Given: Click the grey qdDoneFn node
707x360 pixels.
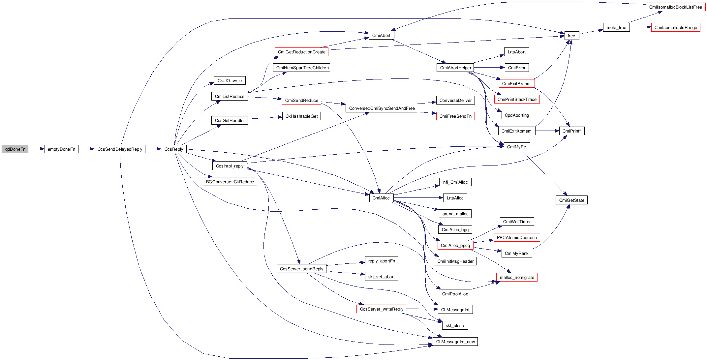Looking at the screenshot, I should point(15,149).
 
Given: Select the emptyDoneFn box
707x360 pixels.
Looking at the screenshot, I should point(61,149).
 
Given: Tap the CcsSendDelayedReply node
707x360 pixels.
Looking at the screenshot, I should point(120,149).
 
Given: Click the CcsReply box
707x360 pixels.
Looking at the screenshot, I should point(174,149).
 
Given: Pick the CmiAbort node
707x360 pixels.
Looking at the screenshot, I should point(381,35).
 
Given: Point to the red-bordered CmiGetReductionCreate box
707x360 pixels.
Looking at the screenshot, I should point(301,52).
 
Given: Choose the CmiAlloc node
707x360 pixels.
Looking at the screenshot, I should point(381,198).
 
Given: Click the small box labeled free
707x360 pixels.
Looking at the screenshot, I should point(571,36).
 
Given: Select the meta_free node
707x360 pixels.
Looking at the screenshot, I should point(616,27).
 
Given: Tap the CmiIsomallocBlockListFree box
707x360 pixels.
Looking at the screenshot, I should point(675,7).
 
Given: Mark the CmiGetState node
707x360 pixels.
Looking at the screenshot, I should point(571,200).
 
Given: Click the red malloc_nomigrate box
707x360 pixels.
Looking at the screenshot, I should point(517,277).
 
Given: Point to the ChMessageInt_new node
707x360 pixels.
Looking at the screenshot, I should point(455,342).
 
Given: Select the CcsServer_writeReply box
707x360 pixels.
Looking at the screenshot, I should point(382,309).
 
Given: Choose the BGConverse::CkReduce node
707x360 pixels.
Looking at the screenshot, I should point(230,182).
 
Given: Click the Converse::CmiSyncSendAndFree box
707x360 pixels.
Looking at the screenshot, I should point(382,108).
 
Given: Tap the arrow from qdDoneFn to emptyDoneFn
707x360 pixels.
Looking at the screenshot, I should point(36,149).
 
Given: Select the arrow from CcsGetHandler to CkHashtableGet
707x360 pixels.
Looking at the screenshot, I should point(265,118).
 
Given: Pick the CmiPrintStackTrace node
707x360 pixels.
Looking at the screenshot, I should point(517,99).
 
